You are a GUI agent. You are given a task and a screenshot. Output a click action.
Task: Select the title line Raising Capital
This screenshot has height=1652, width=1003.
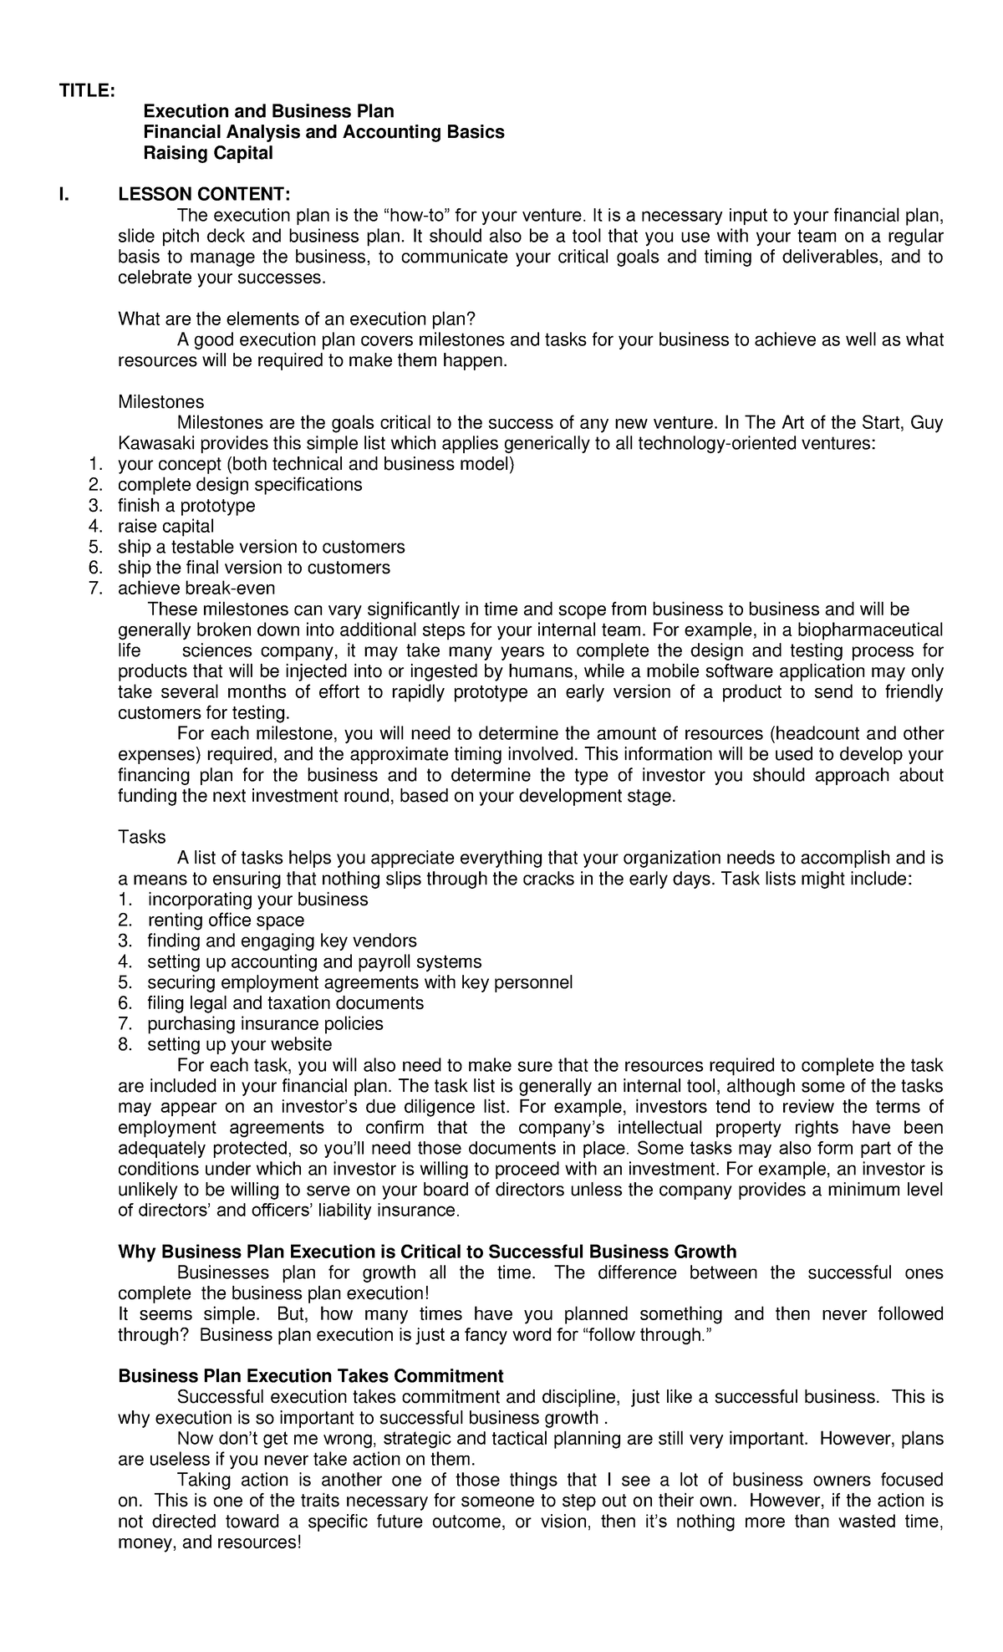(208, 153)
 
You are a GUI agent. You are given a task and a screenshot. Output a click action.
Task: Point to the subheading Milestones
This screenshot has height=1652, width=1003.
(160, 402)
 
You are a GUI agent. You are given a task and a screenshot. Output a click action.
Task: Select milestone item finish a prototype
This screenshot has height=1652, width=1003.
(186, 506)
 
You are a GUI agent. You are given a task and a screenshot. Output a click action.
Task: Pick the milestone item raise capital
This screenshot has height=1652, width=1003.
(165, 527)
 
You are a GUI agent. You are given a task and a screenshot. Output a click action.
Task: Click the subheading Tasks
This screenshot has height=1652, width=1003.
(142, 837)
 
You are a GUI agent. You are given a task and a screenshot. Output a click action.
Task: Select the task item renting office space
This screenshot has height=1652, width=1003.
(226, 920)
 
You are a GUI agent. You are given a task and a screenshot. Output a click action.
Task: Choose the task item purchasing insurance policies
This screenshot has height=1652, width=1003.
(265, 1023)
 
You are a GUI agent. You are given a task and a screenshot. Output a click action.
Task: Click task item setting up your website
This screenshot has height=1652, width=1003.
(239, 1044)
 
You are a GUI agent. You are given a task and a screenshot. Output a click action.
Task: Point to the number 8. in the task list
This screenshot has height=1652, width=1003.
(125, 1044)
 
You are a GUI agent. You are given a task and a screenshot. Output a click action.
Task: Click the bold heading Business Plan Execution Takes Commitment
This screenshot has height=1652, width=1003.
(311, 1376)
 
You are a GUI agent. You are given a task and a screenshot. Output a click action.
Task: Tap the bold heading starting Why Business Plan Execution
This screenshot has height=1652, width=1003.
(427, 1252)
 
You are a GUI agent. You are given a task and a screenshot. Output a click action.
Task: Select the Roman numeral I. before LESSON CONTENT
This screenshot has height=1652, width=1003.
(62, 195)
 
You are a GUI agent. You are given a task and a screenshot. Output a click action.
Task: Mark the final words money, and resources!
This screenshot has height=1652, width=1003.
(209, 1542)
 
